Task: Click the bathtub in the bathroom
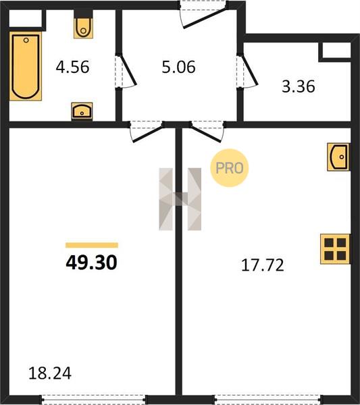(26, 66)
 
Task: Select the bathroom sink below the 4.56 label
(82, 111)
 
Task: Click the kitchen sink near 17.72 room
(338, 157)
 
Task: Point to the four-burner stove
(335, 249)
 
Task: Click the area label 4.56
(73, 67)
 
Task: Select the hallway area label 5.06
(178, 67)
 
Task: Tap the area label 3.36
(299, 86)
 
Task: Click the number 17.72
(263, 265)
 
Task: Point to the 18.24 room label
(50, 373)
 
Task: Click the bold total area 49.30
(91, 263)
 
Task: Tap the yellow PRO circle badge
(229, 168)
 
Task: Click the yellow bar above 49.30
(92, 245)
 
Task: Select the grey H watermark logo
(180, 199)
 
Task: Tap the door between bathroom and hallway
(126, 71)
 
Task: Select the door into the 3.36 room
(247, 71)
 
